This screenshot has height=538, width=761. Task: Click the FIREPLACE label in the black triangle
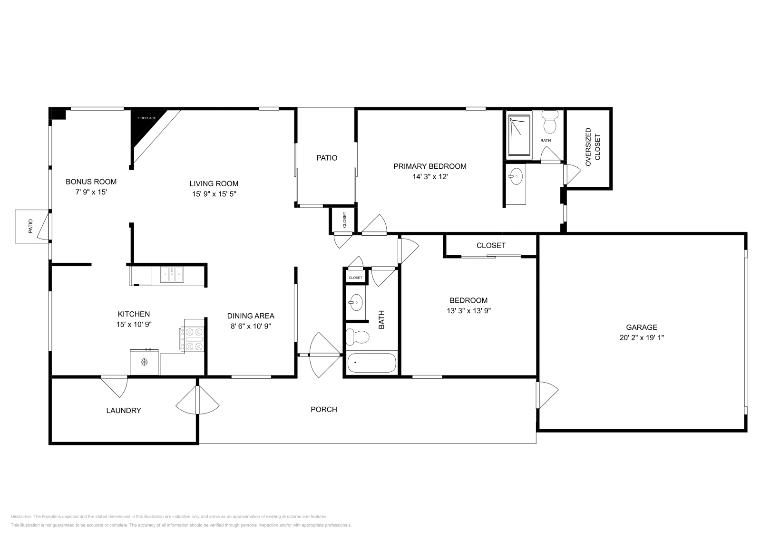coord(146,117)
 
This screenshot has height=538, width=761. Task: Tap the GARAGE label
coord(641,327)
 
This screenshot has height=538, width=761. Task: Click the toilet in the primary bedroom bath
coord(550,123)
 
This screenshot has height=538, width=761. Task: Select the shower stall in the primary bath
coord(519,134)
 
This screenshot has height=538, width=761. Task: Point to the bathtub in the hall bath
coord(371,363)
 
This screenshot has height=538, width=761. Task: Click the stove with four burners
coord(194,339)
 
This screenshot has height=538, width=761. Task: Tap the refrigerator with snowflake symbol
coord(144,362)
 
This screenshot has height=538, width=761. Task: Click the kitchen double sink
coord(172,275)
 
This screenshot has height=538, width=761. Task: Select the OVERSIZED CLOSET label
coord(593,147)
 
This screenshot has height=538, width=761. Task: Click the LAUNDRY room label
coord(124,410)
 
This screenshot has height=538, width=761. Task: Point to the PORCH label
coord(324,409)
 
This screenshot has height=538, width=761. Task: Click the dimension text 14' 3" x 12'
coord(430,176)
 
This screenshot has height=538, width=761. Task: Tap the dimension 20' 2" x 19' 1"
coord(641,337)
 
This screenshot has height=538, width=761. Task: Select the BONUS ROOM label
coord(91,182)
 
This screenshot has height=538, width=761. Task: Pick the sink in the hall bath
coord(355,302)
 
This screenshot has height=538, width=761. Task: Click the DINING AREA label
coord(251,316)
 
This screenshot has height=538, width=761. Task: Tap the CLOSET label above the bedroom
coord(491,245)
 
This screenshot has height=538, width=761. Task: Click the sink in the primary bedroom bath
coord(515,177)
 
